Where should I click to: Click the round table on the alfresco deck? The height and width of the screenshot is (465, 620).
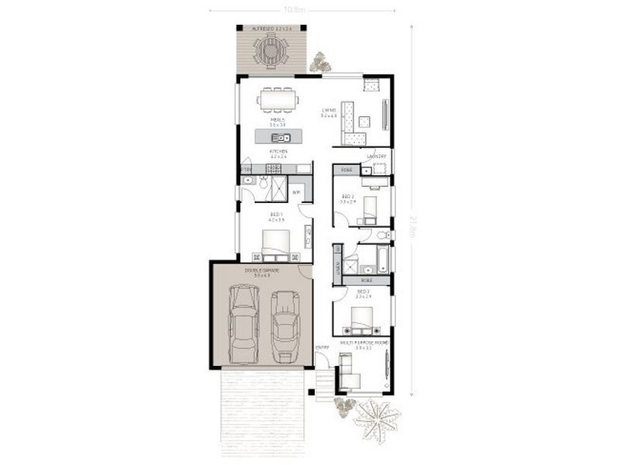[268, 52]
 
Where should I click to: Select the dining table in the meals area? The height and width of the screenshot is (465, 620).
[277, 98]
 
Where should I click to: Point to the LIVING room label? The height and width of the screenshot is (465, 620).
[329, 111]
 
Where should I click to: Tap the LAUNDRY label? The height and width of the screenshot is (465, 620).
[377, 155]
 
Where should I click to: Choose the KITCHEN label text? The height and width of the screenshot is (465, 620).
[278, 151]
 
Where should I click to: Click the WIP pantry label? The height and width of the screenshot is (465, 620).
[296, 192]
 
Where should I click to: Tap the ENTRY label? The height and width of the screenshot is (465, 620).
[322, 346]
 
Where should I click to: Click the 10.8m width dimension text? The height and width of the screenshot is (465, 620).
[293, 10]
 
